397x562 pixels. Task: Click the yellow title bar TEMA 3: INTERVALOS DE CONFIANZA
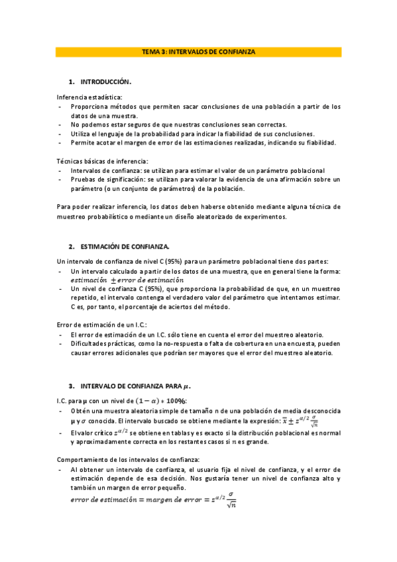(x=198, y=51)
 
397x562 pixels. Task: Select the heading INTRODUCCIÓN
(x=106, y=82)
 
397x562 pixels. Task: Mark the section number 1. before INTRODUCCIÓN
(x=72, y=82)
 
